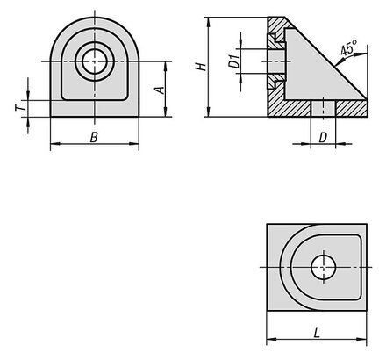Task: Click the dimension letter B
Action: coord(94,137)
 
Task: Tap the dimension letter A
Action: coord(161,90)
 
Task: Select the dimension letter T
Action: coord(20,108)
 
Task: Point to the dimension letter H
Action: coord(201,67)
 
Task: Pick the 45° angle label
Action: coord(348,47)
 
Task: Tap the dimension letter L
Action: coord(317,333)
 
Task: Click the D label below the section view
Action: coord(322,137)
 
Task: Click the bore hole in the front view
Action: coord(94,61)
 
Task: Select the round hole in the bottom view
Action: coord(323,267)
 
